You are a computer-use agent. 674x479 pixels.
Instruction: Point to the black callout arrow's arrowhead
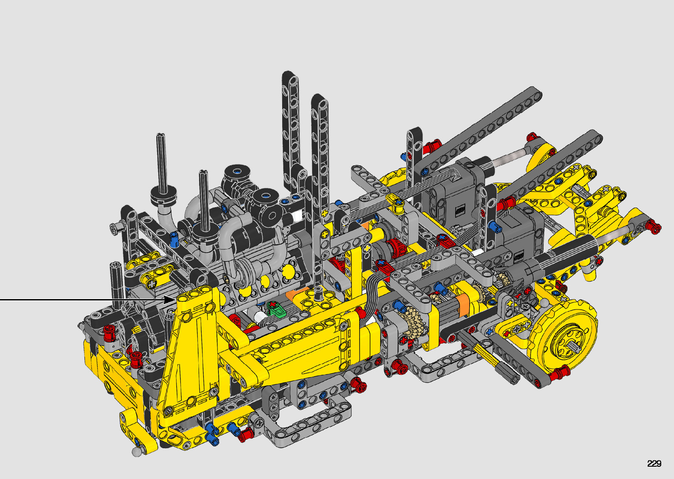pos(169,300)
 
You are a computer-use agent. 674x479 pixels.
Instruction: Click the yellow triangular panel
pos(190,358)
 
